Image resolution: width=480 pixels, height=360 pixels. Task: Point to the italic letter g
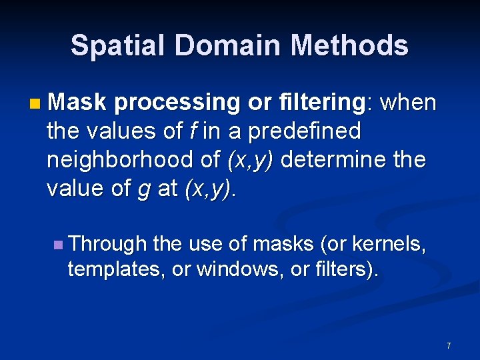pos(143,190)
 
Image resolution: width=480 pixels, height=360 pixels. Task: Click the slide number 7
pos(449,345)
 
